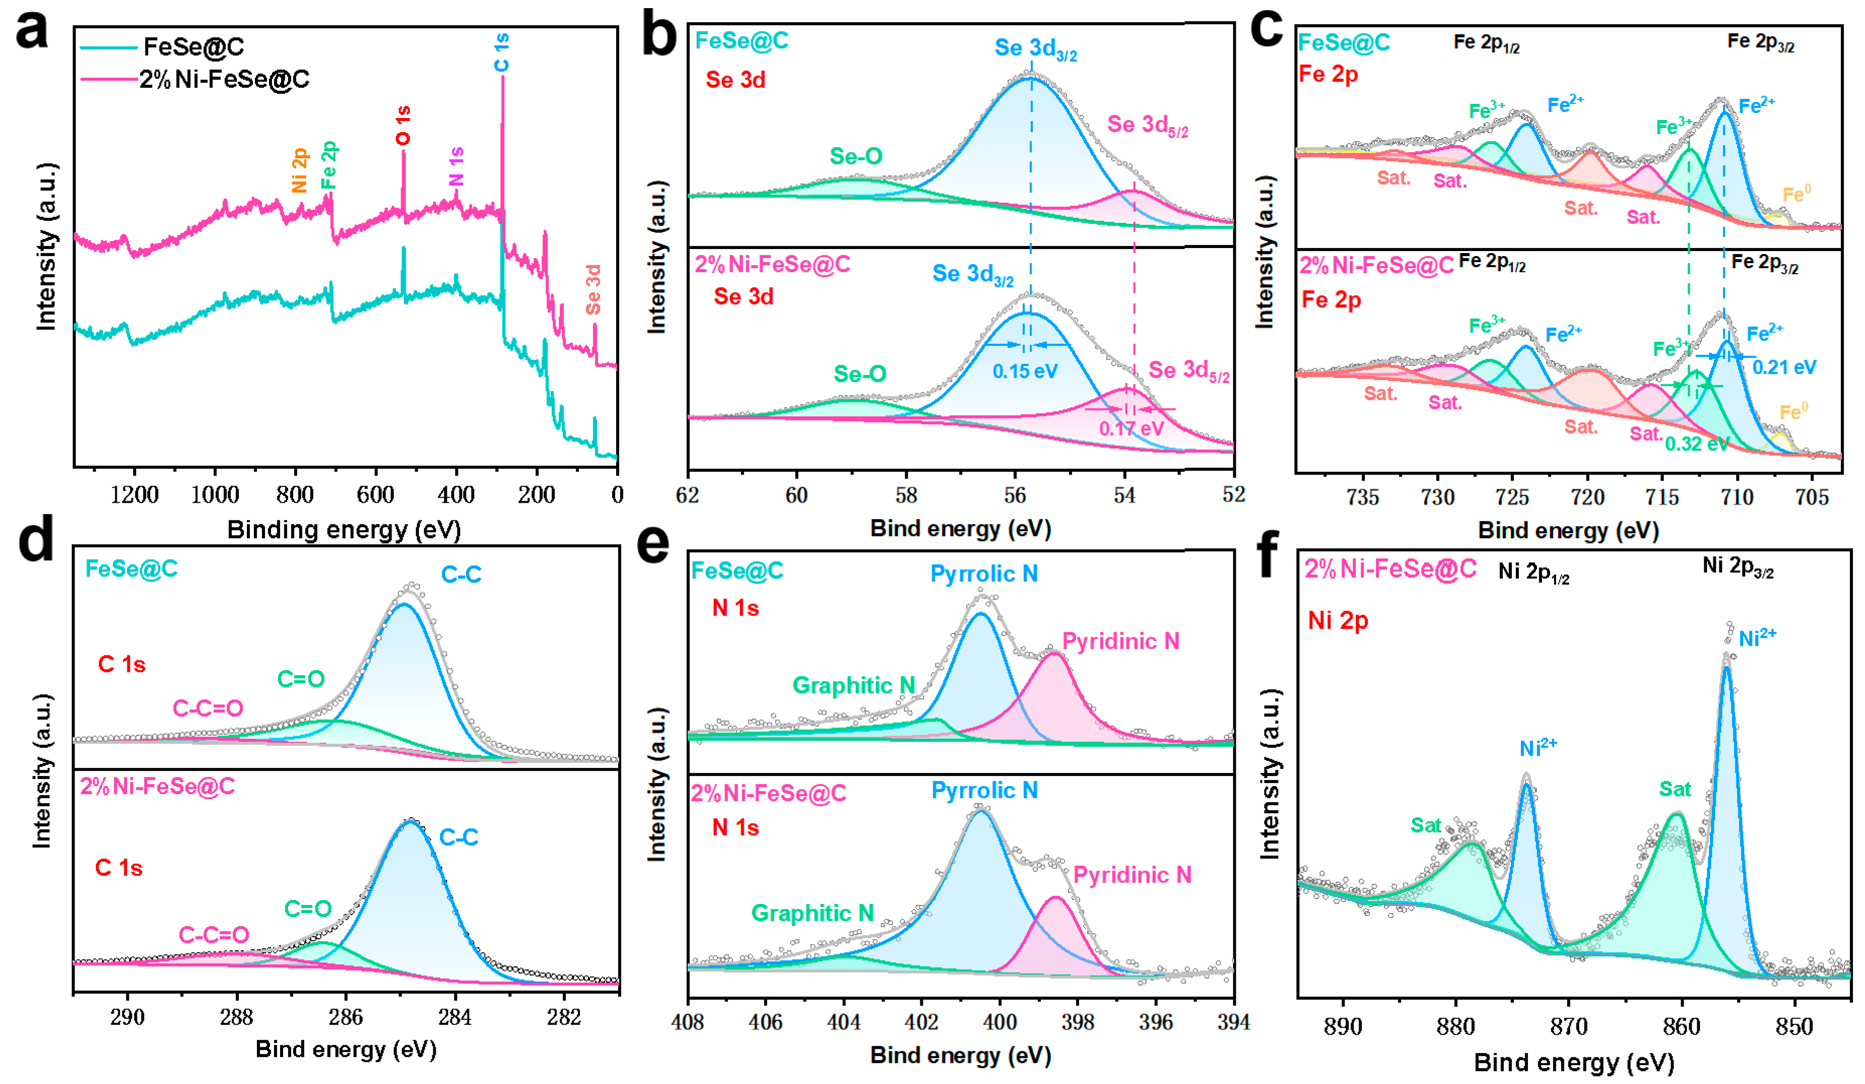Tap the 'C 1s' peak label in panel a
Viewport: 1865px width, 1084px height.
[x=502, y=52]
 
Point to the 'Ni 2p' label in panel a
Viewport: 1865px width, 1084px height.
[x=299, y=170]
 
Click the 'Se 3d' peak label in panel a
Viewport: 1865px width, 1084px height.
[x=593, y=289]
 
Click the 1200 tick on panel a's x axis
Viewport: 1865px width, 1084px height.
[x=135, y=495]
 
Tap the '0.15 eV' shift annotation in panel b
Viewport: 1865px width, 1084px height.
[x=1025, y=371]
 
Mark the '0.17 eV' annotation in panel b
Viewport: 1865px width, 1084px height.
[x=1131, y=428]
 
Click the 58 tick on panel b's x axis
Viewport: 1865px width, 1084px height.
[x=906, y=495]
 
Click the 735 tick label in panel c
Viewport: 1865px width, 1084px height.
[x=1363, y=496]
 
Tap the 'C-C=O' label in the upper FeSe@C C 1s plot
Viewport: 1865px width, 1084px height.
[x=208, y=708]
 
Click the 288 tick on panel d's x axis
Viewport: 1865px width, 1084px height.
[x=237, y=1017]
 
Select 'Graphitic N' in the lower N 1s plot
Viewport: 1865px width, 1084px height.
[x=813, y=913]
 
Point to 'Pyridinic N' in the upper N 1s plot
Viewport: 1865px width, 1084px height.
[x=1120, y=641]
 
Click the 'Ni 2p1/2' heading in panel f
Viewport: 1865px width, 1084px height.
[x=1534, y=572]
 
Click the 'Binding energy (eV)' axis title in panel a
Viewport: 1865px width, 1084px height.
[x=344, y=529]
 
